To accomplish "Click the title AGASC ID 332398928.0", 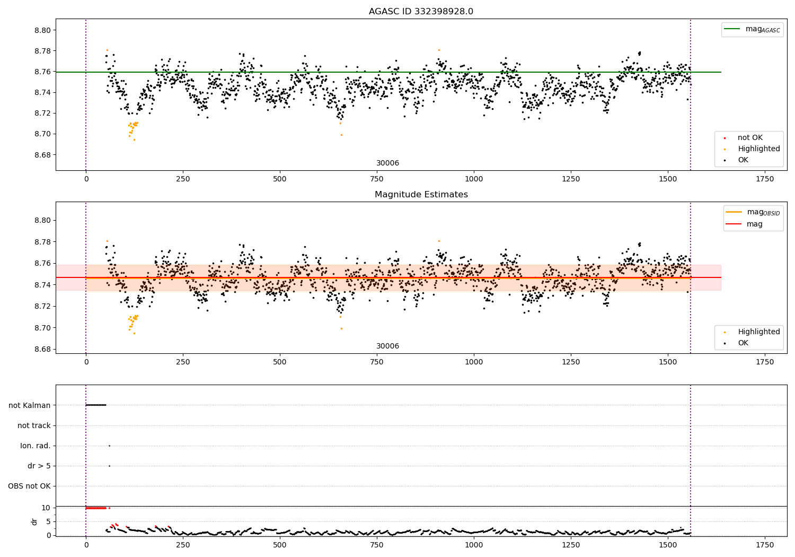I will point(421,12).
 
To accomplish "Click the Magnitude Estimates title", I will point(421,195).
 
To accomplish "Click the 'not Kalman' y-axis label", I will point(30,405).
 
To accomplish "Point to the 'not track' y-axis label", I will point(34,425).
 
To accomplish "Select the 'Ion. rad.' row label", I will point(36,446).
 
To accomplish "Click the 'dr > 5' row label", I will point(39,466).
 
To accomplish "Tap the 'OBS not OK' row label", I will point(29,486).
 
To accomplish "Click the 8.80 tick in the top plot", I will point(43,30).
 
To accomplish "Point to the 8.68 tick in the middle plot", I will point(43,349).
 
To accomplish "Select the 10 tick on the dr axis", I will point(46,508).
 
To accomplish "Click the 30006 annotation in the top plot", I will point(387,163).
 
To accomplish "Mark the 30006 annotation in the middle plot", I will point(387,346).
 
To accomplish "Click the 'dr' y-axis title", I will point(34,521).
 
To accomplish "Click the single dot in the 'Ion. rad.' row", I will point(109,446).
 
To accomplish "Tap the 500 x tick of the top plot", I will point(280,179).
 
